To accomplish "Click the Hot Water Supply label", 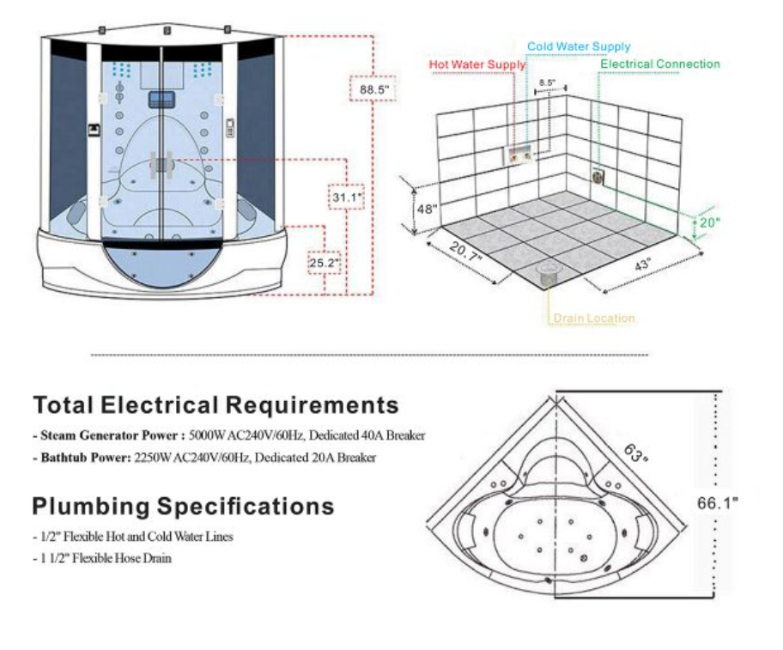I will [471, 64].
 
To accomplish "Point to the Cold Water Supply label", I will [578, 47].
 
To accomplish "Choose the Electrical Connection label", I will [660, 64].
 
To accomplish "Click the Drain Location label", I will [593, 319].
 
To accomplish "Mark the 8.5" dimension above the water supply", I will [547, 83].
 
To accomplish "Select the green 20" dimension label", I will [707, 222].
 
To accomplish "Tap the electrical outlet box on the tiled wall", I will [598, 176].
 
